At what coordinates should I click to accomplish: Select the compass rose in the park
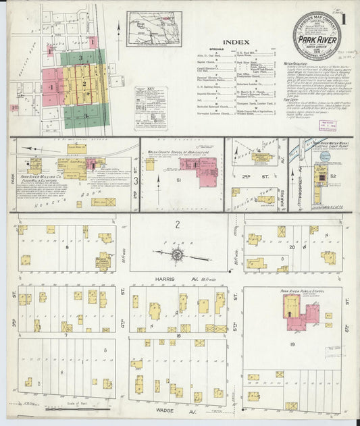click(x=178, y=254)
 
